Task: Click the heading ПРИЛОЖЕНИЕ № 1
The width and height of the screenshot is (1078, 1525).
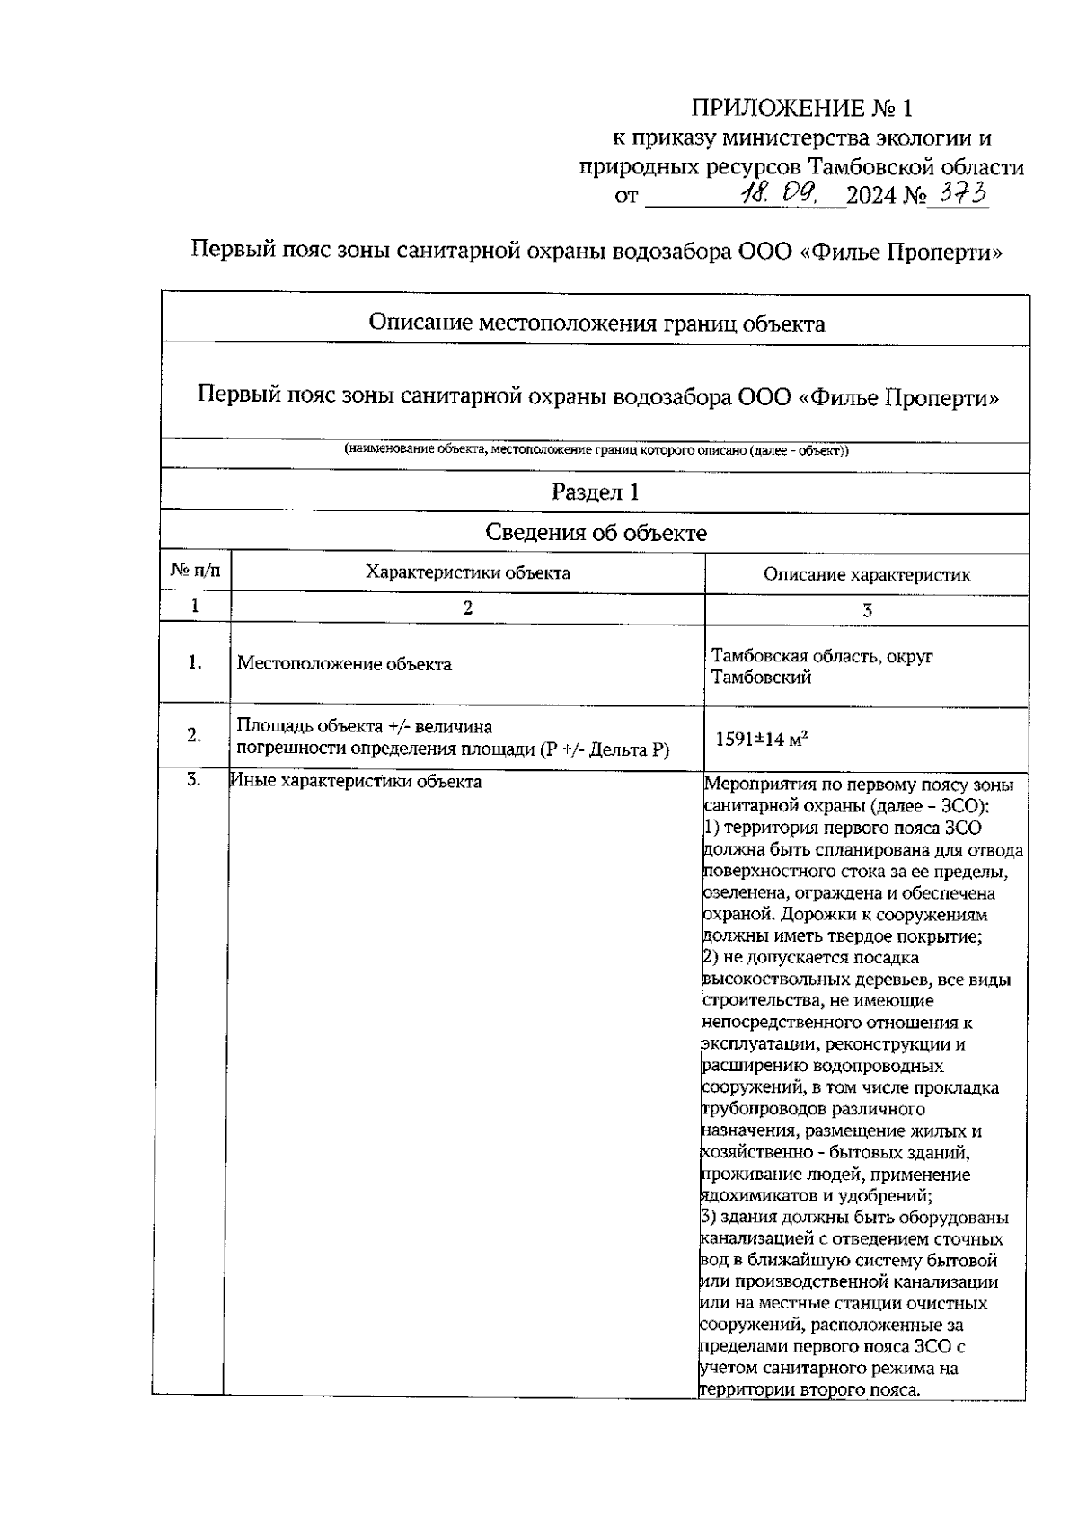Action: point(801,110)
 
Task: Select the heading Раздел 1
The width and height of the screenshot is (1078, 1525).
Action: point(596,492)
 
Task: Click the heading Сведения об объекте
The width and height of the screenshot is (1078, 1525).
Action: point(596,533)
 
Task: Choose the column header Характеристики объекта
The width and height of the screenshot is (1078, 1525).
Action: point(467,572)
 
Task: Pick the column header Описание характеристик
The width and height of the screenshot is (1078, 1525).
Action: point(866,574)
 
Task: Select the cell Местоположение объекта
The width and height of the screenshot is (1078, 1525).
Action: point(344,664)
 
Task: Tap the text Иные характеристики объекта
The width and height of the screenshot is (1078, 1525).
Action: point(356,781)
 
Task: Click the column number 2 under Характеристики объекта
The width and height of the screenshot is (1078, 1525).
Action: point(467,607)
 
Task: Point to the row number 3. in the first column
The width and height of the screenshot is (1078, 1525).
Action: point(194,780)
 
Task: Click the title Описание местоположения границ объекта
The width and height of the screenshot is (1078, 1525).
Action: point(596,324)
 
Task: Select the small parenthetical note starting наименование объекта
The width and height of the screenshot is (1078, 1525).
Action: point(596,450)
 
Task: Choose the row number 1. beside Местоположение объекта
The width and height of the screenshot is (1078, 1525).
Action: point(194,663)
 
